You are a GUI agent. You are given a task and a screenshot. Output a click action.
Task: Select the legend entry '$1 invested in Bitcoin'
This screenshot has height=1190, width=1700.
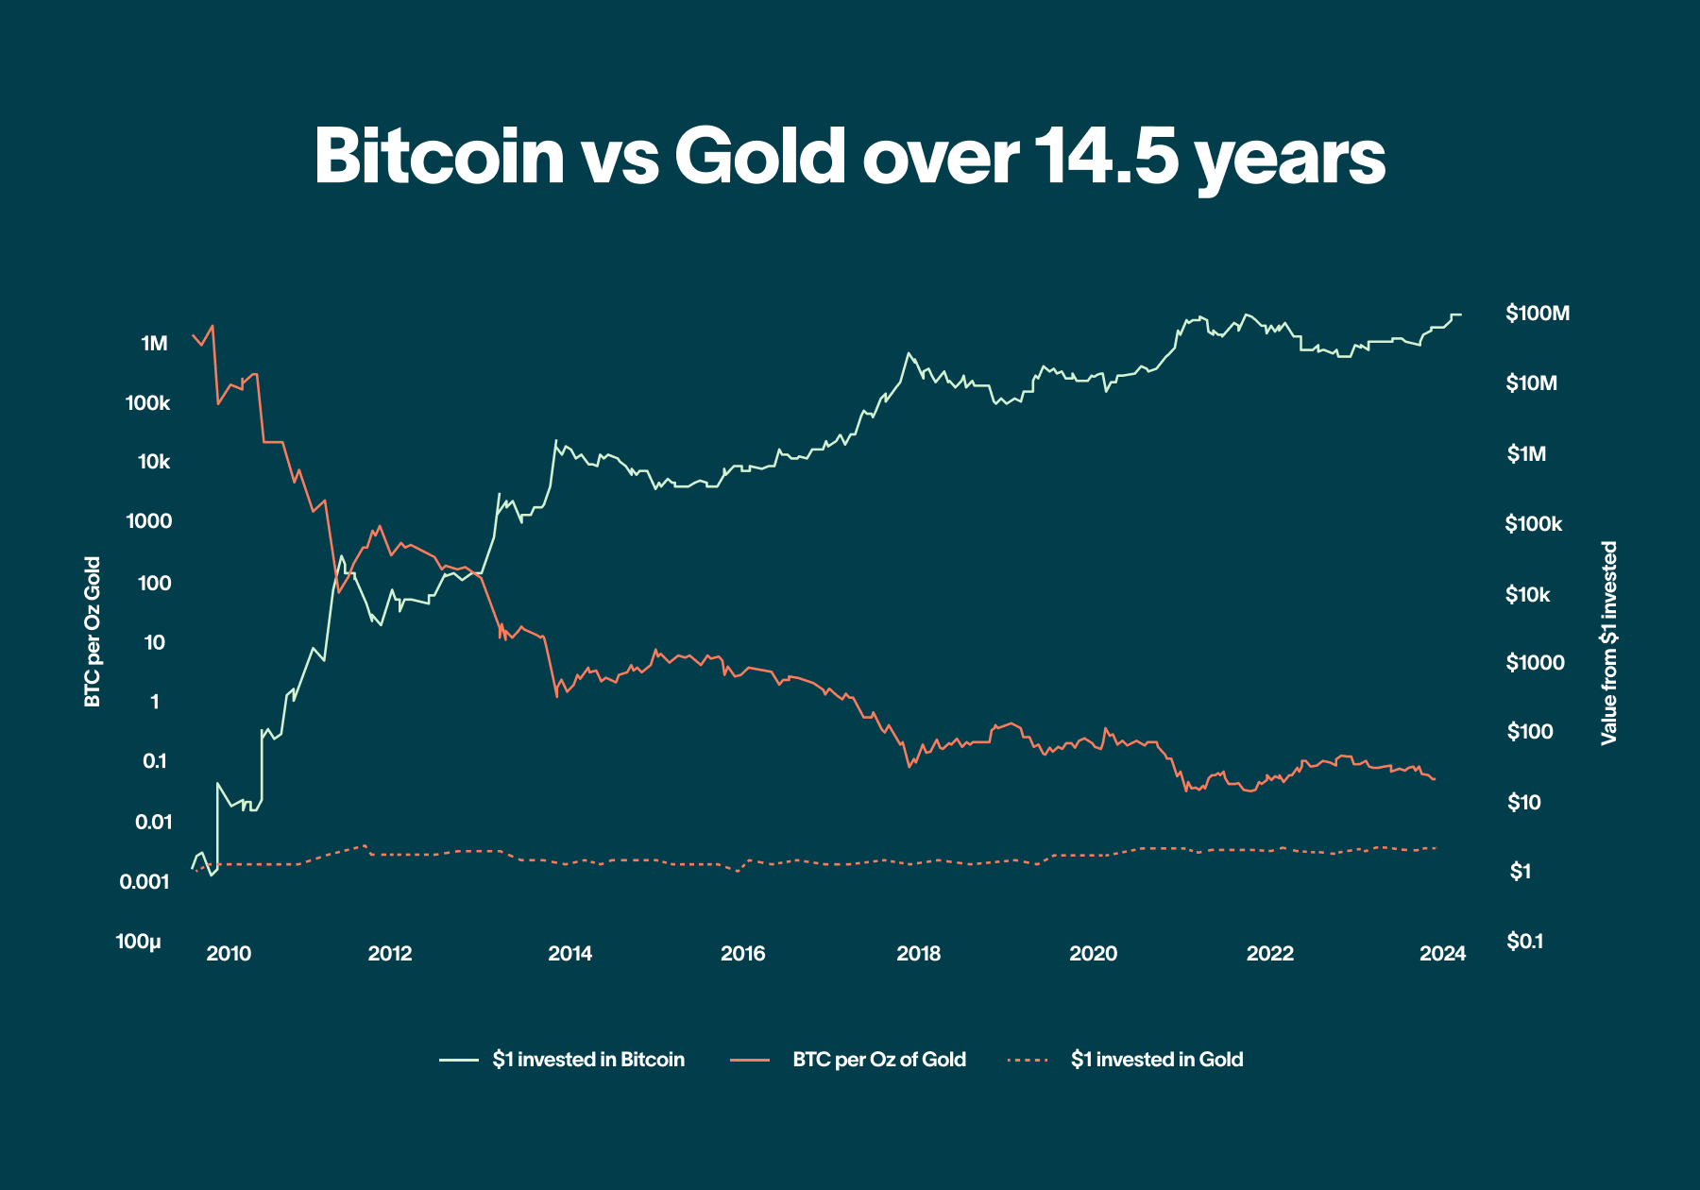coord(587,1060)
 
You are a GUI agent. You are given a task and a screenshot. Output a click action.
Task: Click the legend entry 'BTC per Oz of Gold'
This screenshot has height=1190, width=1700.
coord(878,1060)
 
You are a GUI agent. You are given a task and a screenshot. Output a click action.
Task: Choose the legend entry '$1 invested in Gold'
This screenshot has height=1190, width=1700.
coord(1156,1060)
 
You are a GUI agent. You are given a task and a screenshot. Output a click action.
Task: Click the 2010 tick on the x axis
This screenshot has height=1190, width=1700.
coord(229,954)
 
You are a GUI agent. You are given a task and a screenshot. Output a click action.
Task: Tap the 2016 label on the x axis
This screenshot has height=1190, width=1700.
coord(743,954)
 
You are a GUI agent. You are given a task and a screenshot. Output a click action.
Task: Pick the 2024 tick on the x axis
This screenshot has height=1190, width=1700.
coord(1443,954)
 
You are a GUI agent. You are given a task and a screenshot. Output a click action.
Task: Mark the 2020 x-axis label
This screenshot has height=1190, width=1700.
coord(1093,954)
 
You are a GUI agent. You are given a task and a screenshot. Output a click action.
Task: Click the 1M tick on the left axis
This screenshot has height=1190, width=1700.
coord(154,344)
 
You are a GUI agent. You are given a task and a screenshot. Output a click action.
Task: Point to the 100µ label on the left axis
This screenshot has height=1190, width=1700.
coord(139,942)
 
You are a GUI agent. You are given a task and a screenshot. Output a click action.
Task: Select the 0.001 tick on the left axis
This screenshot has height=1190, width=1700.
coord(144,882)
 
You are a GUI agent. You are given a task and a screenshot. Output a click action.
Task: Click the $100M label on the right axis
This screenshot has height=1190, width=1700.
coord(1538,314)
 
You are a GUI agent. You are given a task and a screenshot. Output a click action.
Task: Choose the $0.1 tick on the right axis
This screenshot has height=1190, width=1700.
coord(1524,942)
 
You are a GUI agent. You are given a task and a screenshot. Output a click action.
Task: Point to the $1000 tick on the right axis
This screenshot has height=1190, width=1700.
coord(1535,663)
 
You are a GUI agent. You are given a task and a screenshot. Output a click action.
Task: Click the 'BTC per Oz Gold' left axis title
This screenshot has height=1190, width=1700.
coord(93,632)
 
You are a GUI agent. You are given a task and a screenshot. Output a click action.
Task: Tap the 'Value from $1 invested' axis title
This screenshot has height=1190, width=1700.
coord(1609,643)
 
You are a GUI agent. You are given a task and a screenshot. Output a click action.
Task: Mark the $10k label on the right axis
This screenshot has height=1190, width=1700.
coord(1528,595)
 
